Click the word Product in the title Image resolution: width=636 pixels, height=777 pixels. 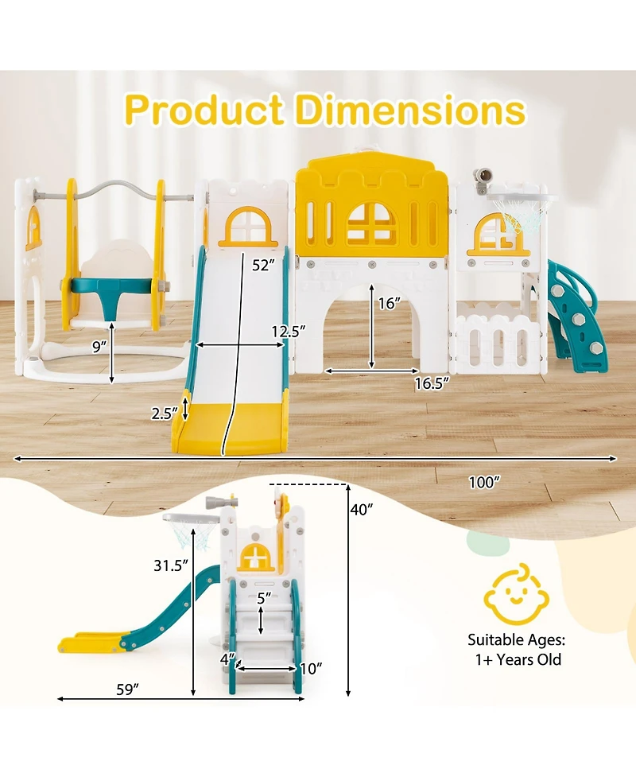(204, 109)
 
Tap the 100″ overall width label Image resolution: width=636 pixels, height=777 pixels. (484, 482)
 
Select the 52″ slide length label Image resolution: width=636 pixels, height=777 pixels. (263, 265)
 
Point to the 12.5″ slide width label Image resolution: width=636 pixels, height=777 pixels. (289, 331)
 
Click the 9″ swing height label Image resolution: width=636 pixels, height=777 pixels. (99, 347)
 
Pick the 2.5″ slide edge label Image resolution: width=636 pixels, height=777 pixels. (165, 413)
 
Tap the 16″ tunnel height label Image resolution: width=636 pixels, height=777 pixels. (389, 303)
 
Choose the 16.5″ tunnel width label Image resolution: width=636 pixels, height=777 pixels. (432, 383)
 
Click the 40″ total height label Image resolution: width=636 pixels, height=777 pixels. (362, 509)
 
